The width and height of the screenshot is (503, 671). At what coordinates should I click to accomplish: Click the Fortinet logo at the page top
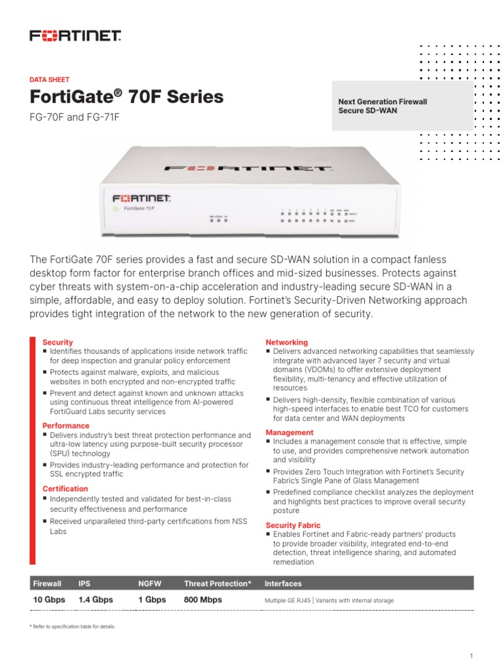click(x=75, y=35)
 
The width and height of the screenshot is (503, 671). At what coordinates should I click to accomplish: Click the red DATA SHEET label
click(x=50, y=79)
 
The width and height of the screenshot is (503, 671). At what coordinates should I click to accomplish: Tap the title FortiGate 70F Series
click(x=126, y=97)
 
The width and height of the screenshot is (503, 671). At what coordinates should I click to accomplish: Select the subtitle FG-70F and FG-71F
click(x=75, y=117)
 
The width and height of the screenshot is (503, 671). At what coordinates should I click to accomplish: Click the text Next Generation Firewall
click(x=382, y=102)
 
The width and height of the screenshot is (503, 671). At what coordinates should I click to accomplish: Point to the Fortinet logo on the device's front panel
click(x=141, y=197)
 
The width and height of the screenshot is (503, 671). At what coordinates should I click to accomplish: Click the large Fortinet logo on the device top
click(x=247, y=168)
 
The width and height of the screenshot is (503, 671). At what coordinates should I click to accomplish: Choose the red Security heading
click(x=58, y=342)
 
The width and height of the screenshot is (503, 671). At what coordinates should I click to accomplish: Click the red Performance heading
click(x=66, y=426)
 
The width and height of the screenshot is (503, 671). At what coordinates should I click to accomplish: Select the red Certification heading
click(x=65, y=489)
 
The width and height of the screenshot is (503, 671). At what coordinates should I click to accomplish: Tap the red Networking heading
click(x=286, y=342)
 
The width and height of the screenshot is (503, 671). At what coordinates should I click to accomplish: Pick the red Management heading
click(x=289, y=432)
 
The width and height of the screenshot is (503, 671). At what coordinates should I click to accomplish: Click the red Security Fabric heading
click(x=293, y=525)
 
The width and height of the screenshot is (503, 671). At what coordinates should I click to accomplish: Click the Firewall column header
click(x=47, y=583)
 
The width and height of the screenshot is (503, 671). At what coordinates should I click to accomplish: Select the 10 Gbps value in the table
click(x=48, y=600)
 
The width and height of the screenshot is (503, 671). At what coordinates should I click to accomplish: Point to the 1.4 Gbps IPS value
click(x=96, y=600)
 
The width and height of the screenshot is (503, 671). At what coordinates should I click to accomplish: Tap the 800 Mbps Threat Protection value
click(x=203, y=600)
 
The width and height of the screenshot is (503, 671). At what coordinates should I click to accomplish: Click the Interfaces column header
click(x=283, y=583)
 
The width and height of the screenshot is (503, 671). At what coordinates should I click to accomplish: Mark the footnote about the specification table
click(x=72, y=626)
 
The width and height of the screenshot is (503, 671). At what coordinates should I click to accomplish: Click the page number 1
click(x=472, y=656)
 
